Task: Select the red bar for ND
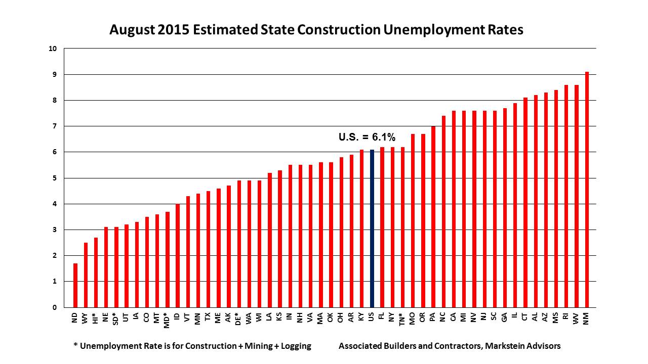75,285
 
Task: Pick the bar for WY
86,275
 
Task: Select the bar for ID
177,255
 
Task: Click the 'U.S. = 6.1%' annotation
367,137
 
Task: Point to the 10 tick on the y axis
53,49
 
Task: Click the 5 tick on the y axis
55,178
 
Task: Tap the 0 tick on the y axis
55,307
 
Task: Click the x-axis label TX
208,317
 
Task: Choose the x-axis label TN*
402,320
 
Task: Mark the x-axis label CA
453,317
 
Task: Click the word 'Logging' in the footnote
295,346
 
